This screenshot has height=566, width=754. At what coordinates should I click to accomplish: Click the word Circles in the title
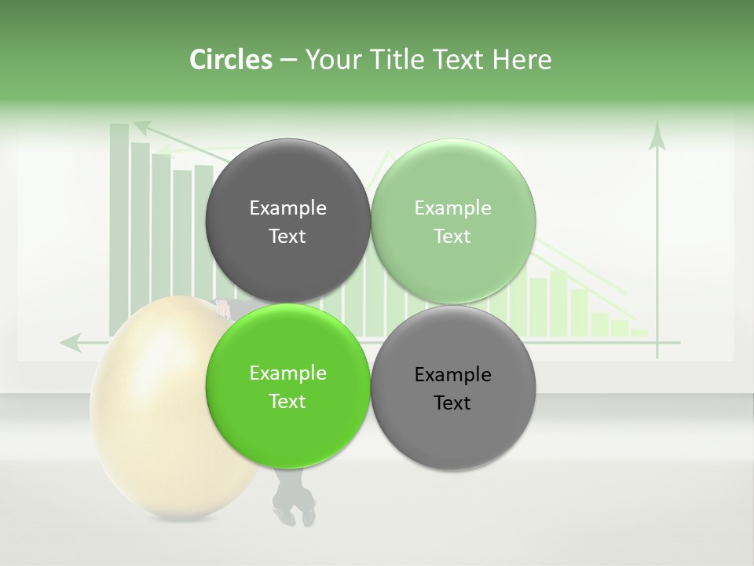pyautogui.click(x=231, y=60)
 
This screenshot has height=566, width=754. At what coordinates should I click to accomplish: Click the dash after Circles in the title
pyautogui.click(x=288, y=61)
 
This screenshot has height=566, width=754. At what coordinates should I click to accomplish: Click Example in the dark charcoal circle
pyautogui.click(x=287, y=208)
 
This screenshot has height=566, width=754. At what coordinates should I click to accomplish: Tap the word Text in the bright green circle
pyautogui.click(x=287, y=401)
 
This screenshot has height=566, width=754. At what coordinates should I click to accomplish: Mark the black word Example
pyautogui.click(x=452, y=374)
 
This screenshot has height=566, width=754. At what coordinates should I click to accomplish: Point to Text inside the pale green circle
pyautogui.click(x=452, y=236)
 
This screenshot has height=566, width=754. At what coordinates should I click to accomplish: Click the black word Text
pyautogui.click(x=452, y=402)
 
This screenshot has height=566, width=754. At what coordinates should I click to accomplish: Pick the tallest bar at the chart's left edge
pyautogui.click(x=119, y=228)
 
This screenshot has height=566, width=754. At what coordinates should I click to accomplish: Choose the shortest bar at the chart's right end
pyautogui.click(x=640, y=333)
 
